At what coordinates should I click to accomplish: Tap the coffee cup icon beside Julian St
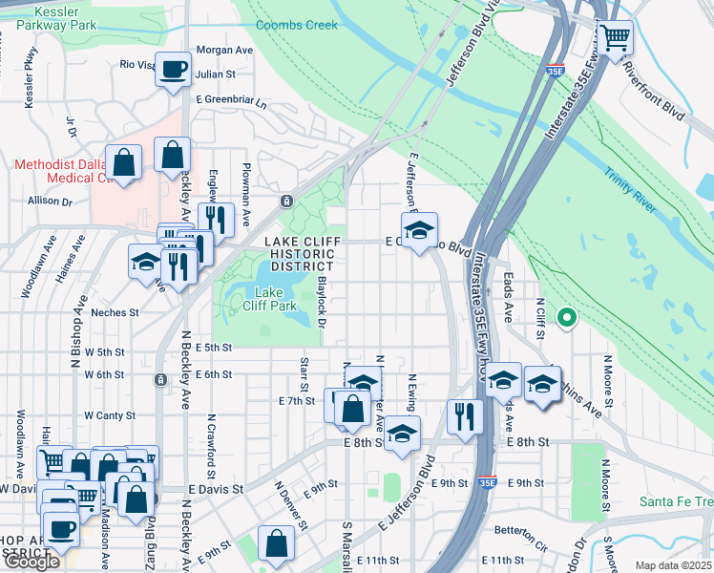(x=173, y=70)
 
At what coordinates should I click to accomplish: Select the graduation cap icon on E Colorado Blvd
(x=419, y=231)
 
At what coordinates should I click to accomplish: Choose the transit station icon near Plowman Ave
(x=285, y=202)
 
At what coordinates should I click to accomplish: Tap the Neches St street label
(x=115, y=311)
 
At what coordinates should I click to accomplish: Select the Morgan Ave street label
(x=223, y=50)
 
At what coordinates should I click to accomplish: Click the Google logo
(x=31, y=562)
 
